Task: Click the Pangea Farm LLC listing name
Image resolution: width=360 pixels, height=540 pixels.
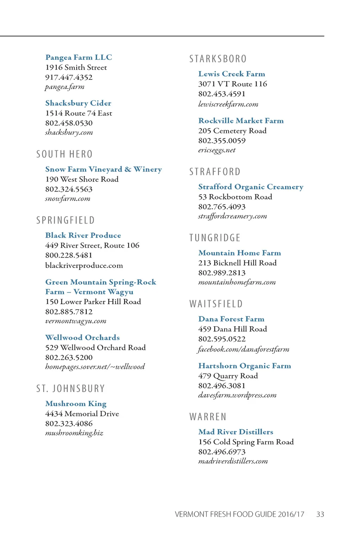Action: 78,57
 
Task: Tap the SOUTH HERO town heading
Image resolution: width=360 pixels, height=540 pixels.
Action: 64,154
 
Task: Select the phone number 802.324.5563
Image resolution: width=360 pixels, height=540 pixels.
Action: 69,189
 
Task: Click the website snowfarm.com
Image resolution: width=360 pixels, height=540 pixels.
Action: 67,199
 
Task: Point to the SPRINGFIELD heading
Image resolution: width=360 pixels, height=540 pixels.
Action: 65,220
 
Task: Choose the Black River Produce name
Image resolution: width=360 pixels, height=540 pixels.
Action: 83,235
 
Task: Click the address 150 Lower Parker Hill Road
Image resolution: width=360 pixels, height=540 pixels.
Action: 93,302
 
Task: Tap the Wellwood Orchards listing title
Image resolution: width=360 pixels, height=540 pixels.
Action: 82,337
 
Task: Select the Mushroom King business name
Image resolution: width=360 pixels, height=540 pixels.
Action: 76,404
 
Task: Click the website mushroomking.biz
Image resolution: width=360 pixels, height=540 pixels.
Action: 74,433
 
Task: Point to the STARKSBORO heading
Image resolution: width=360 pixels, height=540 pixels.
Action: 218,59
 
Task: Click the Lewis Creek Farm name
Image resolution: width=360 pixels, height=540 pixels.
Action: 231,74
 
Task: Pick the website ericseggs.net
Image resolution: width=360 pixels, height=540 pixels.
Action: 217,150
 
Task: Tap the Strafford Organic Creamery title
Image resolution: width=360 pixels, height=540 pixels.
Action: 250,187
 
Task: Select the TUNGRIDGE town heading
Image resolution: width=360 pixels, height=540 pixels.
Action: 215,238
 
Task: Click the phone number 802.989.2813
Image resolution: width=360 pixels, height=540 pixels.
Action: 221,273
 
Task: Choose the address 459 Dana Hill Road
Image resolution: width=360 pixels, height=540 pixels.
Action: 232,329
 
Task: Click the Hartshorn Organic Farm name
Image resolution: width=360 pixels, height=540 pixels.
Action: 244,366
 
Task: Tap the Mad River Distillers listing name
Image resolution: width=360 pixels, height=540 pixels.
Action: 236,432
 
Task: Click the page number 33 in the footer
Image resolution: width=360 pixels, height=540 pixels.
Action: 320,514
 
